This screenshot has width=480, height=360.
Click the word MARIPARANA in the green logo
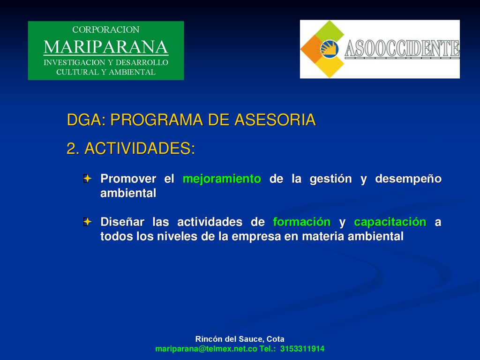coord(106,47)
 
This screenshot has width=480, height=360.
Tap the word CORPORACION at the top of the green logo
coord(106,30)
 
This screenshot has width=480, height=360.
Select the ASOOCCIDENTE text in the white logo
coord(402,49)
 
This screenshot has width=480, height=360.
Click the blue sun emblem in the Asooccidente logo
coord(330,48)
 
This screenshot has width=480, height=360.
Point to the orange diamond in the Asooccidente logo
coord(312,49)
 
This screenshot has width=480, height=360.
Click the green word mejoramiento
coord(222,179)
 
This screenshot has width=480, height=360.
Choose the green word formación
coord(301,222)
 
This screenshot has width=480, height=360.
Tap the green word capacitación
coord(390,222)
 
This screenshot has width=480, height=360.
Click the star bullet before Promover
coord(87,179)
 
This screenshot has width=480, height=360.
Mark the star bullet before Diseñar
coord(87,222)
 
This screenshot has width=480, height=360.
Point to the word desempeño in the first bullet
coord(408,179)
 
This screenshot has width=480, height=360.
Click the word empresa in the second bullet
coord(256,237)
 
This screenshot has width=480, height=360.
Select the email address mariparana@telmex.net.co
coord(206,349)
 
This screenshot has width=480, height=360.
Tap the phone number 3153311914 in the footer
coord(302,349)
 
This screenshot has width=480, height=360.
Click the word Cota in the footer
coord(275,339)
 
